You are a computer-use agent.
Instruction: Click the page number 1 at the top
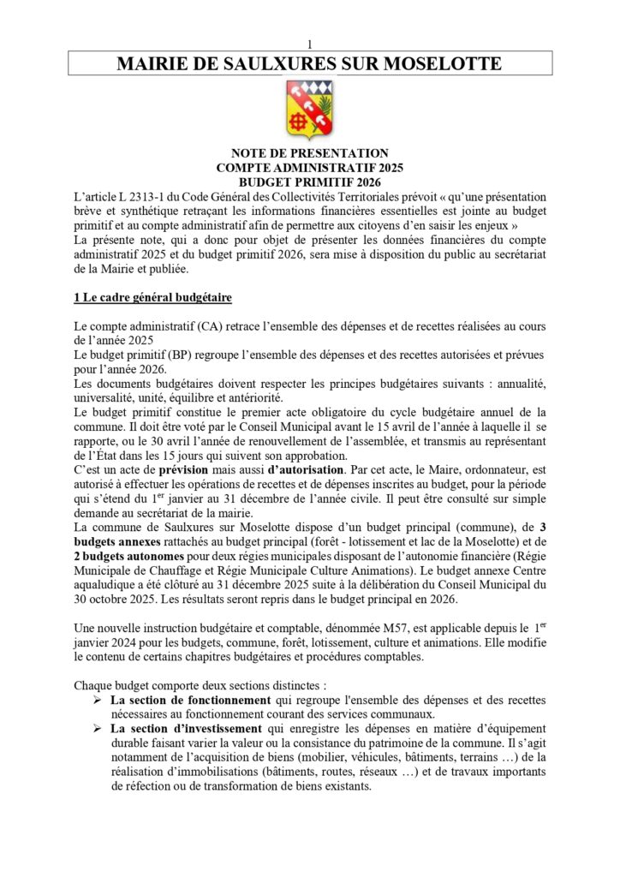tap(309, 44)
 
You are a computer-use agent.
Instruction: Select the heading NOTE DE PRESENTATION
tap(309, 153)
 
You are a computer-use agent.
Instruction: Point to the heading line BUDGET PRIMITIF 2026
tap(309, 182)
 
